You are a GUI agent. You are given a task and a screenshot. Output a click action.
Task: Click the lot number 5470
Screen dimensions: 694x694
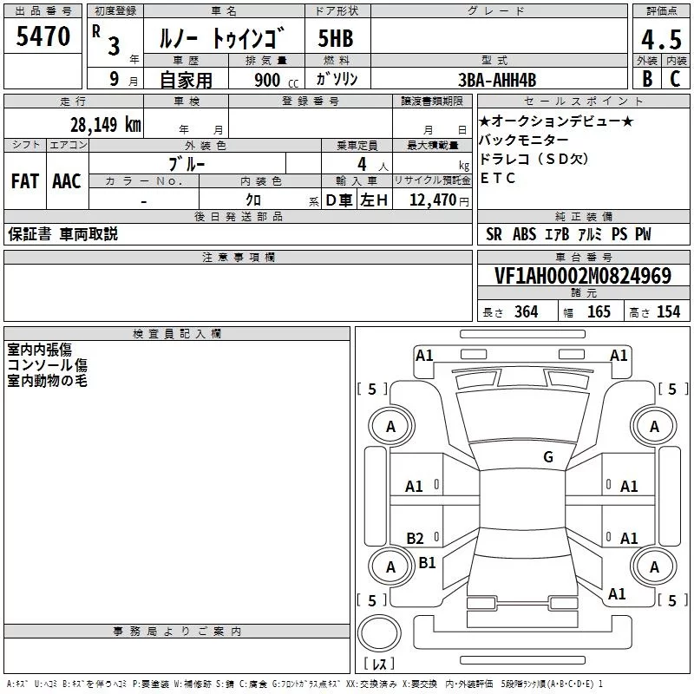[x=43, y=38]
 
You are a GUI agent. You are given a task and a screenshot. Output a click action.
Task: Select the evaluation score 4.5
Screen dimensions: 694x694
[x=660, y=40]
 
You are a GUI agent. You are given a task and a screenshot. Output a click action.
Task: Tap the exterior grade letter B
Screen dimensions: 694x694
[x=646, y=78]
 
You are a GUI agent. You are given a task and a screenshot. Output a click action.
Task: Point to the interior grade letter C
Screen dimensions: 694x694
[x=675, y=78]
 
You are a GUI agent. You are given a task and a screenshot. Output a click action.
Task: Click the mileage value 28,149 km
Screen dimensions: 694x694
[x=106, y=124]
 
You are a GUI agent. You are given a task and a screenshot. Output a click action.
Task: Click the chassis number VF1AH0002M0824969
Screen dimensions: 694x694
[x=582, y=277]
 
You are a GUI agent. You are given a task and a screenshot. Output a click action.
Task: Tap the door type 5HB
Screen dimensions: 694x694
[x=336, y=40]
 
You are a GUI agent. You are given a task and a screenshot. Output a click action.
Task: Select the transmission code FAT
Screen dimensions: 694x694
[x=24, y=181]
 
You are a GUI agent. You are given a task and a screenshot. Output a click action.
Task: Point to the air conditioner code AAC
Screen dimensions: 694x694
[x=66, y=181]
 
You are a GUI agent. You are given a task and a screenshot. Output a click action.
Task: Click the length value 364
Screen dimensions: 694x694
[x=526, y=312]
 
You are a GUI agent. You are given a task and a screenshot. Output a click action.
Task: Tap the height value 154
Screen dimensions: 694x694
[x=668, y=312]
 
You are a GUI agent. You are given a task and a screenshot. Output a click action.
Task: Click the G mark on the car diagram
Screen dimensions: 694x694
[x=548, y=457]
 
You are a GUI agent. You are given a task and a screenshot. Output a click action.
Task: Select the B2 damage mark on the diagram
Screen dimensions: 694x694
[x=415, y=538]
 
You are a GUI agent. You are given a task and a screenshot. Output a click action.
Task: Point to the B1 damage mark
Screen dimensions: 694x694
[x=427, y=563]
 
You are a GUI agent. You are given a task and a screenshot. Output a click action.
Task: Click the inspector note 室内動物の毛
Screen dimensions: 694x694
[x=48, y=381]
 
